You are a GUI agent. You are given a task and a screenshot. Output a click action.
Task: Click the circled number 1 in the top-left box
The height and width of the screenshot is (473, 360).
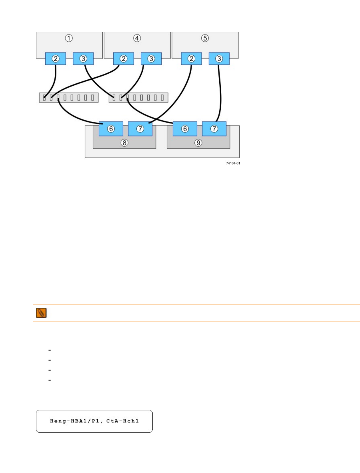point(69,38)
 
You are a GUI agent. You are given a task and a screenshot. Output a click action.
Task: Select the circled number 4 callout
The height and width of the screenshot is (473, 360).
point(137,38)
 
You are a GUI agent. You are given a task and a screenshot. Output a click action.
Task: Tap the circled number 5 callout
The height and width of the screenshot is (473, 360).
point(205,38)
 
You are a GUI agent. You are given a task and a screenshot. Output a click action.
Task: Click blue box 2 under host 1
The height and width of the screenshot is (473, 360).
point(56,59)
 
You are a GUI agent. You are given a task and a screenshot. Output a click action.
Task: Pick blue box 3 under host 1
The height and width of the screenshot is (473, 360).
point(83,59)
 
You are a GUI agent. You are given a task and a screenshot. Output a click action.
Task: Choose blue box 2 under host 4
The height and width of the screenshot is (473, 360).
point(124,59)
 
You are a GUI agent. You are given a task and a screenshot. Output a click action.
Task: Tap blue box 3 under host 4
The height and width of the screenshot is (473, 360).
point(151,59)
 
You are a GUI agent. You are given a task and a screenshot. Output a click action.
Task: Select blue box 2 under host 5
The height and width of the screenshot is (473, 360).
point(191,59)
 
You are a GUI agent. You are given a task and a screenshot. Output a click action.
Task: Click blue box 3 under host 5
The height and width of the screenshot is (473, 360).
point(219,59)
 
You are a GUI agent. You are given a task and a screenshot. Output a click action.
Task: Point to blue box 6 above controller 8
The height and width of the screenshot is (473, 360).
point(111,129)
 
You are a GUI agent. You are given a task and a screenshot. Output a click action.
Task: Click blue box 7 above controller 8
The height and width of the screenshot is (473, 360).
point(140,129)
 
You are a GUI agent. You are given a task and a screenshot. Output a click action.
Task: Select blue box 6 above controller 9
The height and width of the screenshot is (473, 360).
point(185,129)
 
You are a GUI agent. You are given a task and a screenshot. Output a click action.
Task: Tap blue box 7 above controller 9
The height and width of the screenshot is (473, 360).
point(214,129)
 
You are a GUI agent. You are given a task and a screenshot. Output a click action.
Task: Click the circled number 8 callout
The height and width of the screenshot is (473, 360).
point(124,143)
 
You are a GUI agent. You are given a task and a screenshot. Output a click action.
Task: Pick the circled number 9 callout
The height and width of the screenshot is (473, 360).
point(198,143)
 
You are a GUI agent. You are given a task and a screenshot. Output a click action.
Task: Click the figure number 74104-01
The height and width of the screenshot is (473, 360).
point(233,163)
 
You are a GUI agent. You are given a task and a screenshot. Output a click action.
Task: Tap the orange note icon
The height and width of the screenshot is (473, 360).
point(41,313)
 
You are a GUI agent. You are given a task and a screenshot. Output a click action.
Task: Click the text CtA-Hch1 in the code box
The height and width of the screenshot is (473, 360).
point(122,421)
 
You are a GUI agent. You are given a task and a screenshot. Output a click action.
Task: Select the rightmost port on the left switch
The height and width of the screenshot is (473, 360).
point(93,97)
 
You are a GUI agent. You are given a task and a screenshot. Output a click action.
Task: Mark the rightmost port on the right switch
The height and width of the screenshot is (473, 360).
point(162,97)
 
